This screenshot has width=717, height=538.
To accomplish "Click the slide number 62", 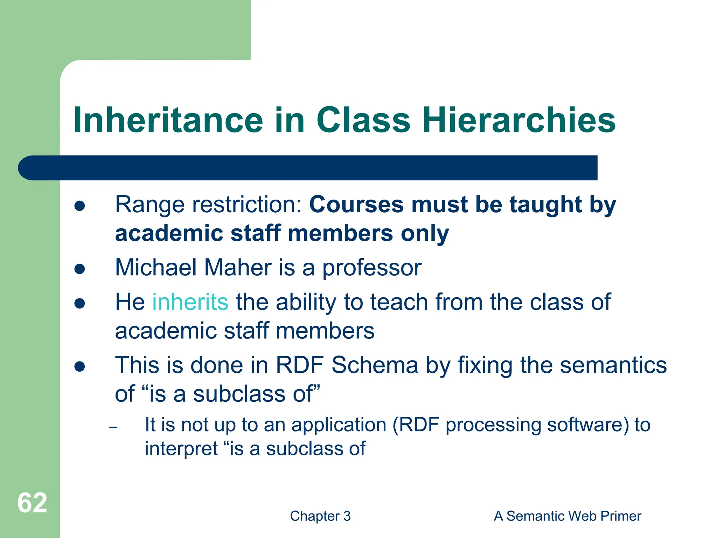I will point(32,503).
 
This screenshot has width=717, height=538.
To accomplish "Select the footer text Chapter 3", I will point(320,516).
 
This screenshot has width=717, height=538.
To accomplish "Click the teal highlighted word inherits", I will point(190,302).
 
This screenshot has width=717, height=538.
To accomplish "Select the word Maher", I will point(238,268).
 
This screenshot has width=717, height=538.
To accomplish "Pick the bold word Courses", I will point(356,205).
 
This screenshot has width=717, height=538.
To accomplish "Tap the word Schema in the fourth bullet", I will point(375,365).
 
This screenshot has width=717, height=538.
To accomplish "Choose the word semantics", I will point(613,365).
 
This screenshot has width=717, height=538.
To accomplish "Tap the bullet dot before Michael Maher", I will point(80,269).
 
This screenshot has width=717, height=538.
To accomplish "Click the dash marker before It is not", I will point(113,427).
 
